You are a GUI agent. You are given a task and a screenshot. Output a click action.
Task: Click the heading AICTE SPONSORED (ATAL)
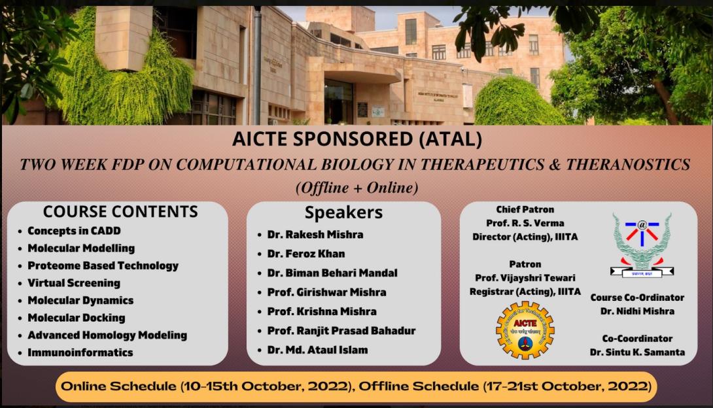pos(356,139)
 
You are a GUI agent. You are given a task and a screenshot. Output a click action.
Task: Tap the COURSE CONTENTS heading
pos(120,212)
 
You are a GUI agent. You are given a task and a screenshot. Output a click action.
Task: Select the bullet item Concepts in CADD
pos(74,231)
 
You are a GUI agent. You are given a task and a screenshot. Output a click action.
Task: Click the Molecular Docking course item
pos(76,318)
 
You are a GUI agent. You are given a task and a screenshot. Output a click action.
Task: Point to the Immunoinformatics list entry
pos(80,352)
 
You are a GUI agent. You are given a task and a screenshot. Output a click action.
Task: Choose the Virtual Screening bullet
pos(73,283)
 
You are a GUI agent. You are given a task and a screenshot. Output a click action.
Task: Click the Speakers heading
pos(343,213)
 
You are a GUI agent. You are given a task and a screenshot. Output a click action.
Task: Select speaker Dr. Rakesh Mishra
pos(315,234)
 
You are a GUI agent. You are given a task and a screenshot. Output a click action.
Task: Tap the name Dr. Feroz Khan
pos(305,254)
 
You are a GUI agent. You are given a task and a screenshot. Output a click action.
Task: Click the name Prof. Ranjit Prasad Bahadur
pos(341,331)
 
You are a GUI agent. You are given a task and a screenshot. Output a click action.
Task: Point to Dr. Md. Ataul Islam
pos(317,350)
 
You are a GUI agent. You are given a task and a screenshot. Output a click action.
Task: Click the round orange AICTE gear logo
pos(525,330)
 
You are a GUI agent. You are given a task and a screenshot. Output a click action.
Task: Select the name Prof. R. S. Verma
pos(525,224)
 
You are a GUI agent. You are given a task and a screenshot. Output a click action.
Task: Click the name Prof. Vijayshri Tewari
pos(525,278)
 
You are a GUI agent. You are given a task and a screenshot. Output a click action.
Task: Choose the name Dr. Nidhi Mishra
pos(637,311)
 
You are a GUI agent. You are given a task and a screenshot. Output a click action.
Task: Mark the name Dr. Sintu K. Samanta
pos(637,352)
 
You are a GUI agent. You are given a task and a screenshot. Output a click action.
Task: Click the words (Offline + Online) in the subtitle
pos(356,188)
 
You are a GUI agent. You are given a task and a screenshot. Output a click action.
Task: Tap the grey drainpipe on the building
pos(257,65)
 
